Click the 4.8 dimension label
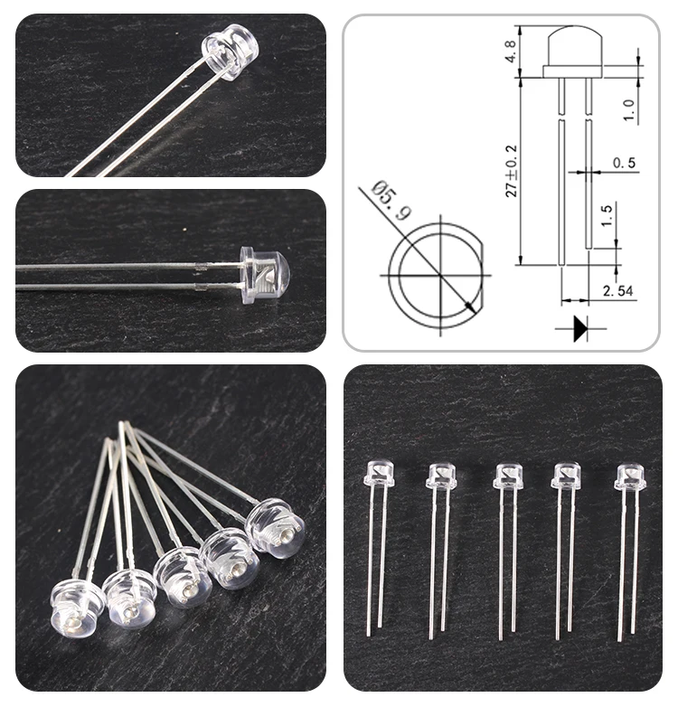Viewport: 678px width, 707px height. pyautogui.click(x=511, y=50)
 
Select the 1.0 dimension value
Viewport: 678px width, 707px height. pyautogui.click(x=629, y=108)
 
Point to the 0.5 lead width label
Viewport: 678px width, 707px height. pyautogui.click(x=624, y=163)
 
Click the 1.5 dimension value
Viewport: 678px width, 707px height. pyautogui.click(x=606, y=216)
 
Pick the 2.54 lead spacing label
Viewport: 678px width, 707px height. pyautogui.click(x=620, y=291)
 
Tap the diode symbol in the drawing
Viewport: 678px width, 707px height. pyautogui.click(x=579, y=328)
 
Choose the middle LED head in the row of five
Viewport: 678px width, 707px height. pyautogui.click(x=508, y=476)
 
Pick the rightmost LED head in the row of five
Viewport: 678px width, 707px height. pyautogui.click(x=630, y=476)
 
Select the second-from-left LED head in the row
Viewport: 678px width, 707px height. pyautogui.click(x=440, y=475)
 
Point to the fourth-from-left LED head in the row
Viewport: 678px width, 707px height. pyautogui.click(x=566, y=476)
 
